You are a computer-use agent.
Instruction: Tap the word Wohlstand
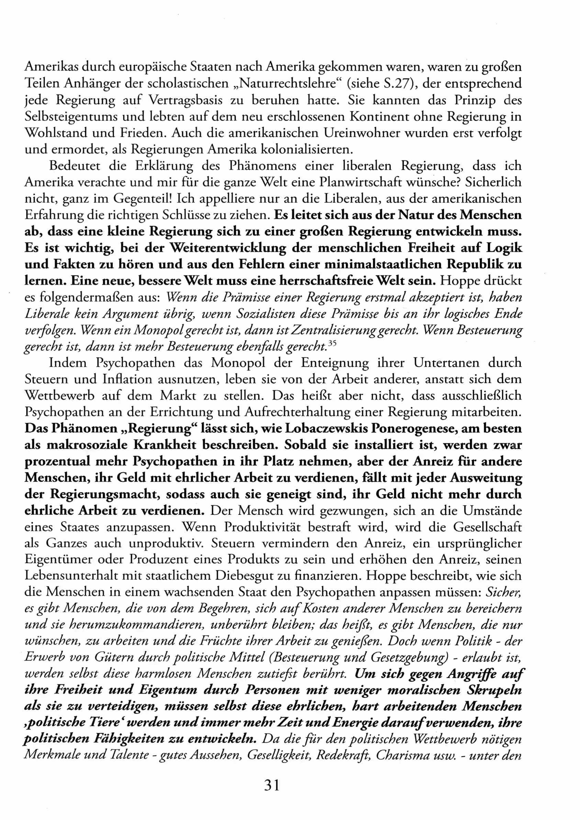pyautogui.click(x=56, y=133)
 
